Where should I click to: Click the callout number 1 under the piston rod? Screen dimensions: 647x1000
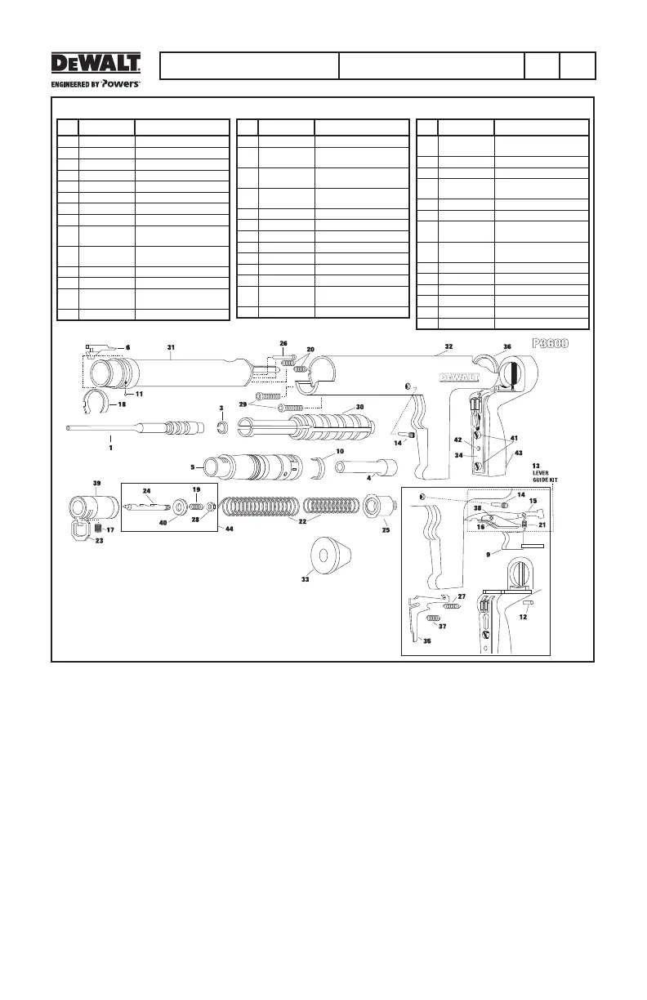[110, 448]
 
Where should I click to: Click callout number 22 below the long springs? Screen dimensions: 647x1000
[302, 520]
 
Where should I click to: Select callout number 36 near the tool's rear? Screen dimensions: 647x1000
[507, 347]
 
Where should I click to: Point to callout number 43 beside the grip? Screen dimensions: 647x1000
[518, 453]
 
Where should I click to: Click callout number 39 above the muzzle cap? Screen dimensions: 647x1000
[97, 484]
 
